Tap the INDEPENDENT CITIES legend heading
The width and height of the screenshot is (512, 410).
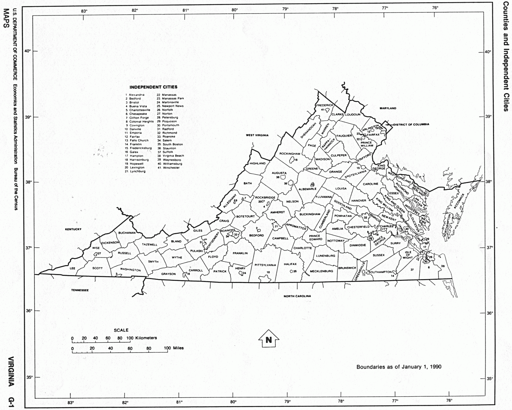tap(153, 87)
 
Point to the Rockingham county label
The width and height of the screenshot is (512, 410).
tap(290, 154)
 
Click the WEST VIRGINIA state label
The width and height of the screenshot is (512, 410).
tap(257, 135)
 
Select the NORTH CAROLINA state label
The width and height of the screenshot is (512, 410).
tap(297, 296)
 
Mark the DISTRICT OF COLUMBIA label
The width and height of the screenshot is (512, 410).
tap(411, 124)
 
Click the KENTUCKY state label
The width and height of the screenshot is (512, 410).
tap(73, 229)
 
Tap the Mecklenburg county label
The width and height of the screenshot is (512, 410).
tap(321, 271)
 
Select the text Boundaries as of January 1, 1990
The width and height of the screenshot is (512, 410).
tap(399, 367)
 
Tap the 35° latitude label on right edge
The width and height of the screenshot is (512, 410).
tap(490, 378)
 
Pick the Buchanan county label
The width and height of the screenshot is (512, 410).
tap(126, 233)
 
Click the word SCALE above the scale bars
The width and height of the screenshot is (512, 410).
tap(121, 330)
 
